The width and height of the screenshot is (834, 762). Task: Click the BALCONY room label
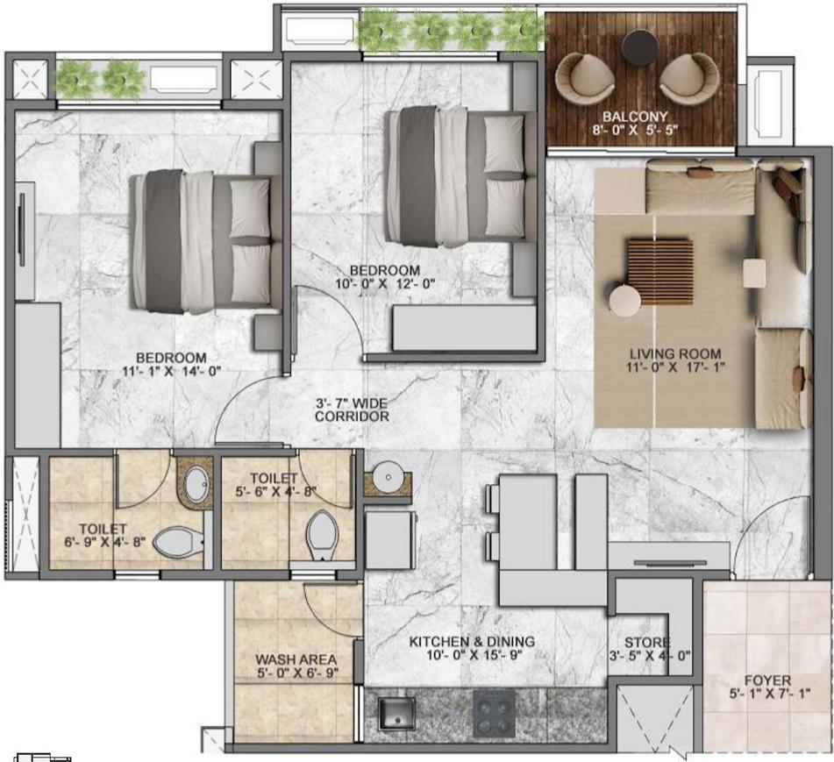tap(635, 116)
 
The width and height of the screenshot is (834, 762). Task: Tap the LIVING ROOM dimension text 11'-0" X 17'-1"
tap(675, 369)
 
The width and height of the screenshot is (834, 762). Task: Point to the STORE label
tap(647, 643)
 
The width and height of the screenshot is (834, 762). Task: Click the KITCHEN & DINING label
tap(472, 642)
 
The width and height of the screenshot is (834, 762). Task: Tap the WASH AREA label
tap(296, 659)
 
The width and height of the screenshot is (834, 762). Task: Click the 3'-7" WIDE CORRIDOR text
tap(352, 409)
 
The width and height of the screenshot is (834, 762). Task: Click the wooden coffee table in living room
tap(659, 271)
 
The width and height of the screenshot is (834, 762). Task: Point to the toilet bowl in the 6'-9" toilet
tap(178, 541)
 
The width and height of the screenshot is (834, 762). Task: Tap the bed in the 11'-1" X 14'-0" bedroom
tap(201, 242)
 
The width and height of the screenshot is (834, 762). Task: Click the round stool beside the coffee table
tap(625, 300)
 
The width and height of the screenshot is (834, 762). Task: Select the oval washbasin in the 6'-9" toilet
tap(196, 482)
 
